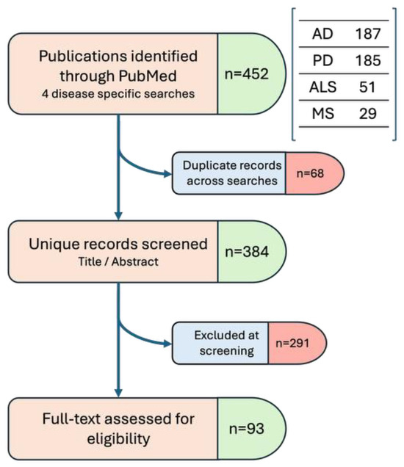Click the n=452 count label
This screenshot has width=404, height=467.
pos(247,73)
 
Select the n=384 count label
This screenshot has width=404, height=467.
pos(247,252)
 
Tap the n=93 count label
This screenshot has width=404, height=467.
pos(247,429)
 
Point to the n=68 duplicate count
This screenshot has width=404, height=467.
pos(310,173)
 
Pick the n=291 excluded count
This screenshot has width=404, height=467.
pos(292,343)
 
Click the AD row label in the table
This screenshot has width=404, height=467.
pos(322,34)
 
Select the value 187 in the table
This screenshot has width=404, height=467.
pos(368,34)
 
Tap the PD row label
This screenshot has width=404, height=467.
pos(322,60)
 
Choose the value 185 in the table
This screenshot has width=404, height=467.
pos(368,60)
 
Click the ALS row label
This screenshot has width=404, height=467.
pos(322,87)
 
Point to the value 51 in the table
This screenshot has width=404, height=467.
pos(367,87)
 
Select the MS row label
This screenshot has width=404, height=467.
pos(323,114)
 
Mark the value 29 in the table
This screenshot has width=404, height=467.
pos(368,114)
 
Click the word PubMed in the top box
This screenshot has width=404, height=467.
pos(148,76)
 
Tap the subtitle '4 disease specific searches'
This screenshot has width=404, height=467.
pos(118,94)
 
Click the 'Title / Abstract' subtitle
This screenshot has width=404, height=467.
pos(118,261)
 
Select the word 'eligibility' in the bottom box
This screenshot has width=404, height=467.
pos(118,438)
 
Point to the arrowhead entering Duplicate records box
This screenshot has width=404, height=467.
pos(168,173)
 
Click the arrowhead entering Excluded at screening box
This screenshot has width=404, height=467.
pos(168,344)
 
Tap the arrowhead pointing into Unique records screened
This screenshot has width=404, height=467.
pos(118,216)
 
